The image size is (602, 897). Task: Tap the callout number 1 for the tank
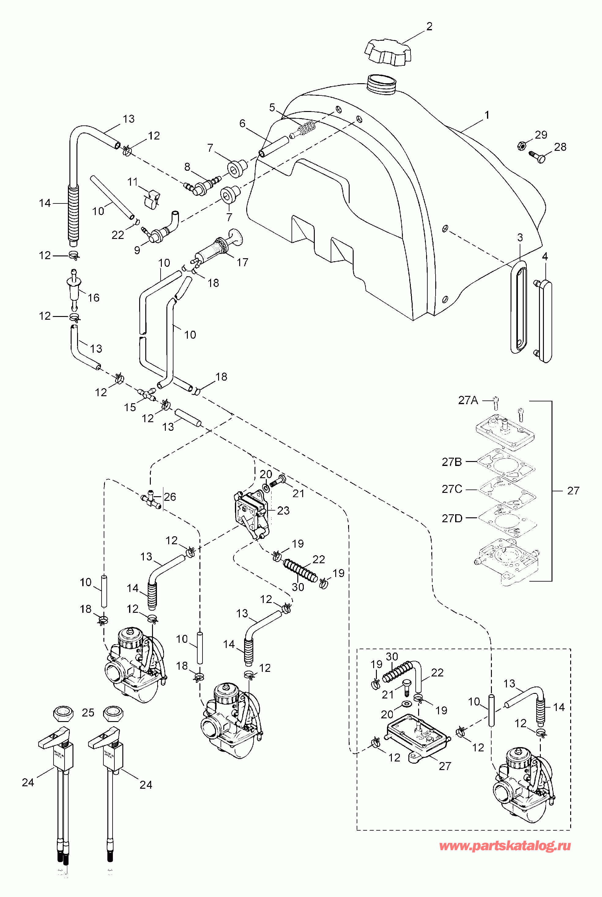(487, 115)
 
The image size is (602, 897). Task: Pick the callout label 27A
(468, 400)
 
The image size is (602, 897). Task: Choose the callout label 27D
(452, 518)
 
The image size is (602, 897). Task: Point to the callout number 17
(242, 262)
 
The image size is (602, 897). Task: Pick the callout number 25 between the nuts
(88, 713)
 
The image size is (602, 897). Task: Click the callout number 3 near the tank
(520, 238)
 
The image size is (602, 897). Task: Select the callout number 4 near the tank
(544, 256)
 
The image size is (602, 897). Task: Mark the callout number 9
(137, 250)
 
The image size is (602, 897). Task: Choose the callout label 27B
(451, 462)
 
